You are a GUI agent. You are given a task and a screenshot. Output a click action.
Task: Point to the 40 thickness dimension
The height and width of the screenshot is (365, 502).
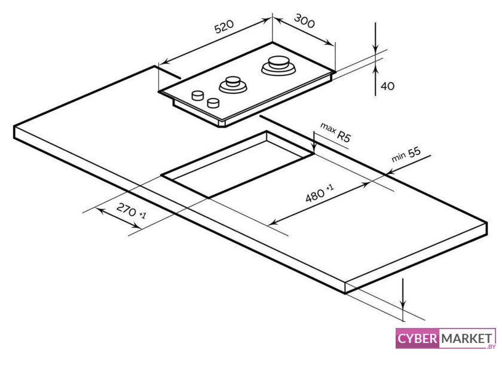[387, 86]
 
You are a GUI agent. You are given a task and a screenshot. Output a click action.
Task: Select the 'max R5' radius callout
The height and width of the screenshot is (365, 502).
[335, 132]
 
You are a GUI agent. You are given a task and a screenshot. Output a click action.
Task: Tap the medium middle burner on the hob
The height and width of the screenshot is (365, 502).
[233, 84]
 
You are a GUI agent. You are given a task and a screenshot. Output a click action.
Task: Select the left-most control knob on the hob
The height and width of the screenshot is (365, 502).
[197, 96]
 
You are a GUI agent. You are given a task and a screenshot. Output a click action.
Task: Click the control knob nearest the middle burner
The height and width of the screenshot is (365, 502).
[213, 103]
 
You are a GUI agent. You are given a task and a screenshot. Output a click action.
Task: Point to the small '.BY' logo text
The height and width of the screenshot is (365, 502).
[491, 346]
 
